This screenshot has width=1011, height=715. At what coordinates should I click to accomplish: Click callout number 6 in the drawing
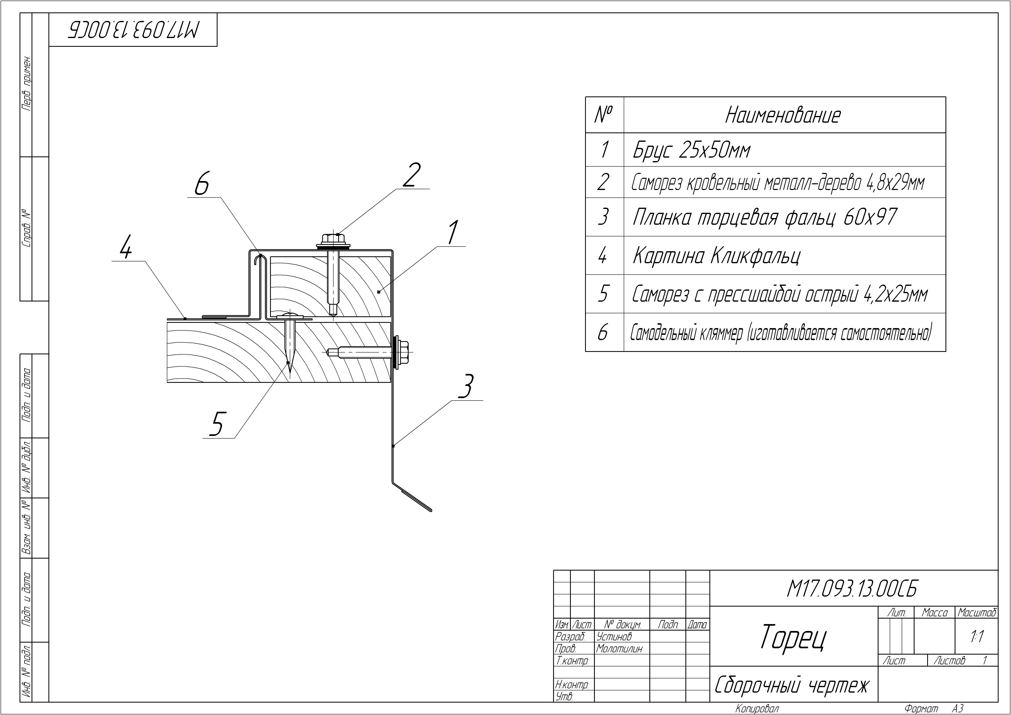click(202, 185)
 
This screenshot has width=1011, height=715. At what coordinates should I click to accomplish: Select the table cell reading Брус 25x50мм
click(691, 150)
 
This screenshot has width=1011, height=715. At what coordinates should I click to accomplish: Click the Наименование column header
click(782, 115)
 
